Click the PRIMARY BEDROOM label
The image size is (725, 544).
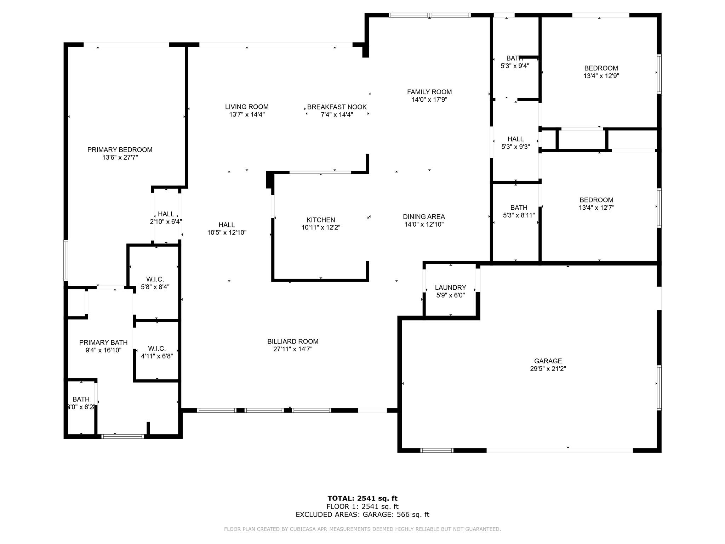click(120, 150)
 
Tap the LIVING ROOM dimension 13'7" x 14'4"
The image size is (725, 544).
click(247, 115)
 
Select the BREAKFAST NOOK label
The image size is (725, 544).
click(337, 107)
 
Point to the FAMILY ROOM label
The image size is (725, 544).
click(429, 92)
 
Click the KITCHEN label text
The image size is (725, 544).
click(321, 220)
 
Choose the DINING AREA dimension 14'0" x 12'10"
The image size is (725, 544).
click(424, 225)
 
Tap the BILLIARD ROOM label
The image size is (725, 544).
click(293, 341)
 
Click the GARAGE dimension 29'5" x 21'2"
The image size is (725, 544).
click(548, 369)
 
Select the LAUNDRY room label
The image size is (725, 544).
click(450, 288)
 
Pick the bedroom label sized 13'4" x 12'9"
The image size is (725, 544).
click(601, 68)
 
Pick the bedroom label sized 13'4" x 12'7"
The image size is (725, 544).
click(596, 200)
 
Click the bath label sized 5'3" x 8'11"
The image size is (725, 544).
click(519, 208)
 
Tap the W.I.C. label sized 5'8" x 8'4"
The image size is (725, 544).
click(155, 279)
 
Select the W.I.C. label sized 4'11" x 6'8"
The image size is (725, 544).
click(157, 348)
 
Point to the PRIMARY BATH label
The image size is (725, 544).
click(103, 342)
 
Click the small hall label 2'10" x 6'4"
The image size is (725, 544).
click(166, 214)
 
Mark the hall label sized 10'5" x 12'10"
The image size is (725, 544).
click(227, 225)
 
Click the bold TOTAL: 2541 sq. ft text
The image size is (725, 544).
click(362, 499)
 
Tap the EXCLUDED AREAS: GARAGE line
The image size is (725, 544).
click(362, 515)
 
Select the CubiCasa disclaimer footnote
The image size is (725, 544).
click(362, 529)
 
